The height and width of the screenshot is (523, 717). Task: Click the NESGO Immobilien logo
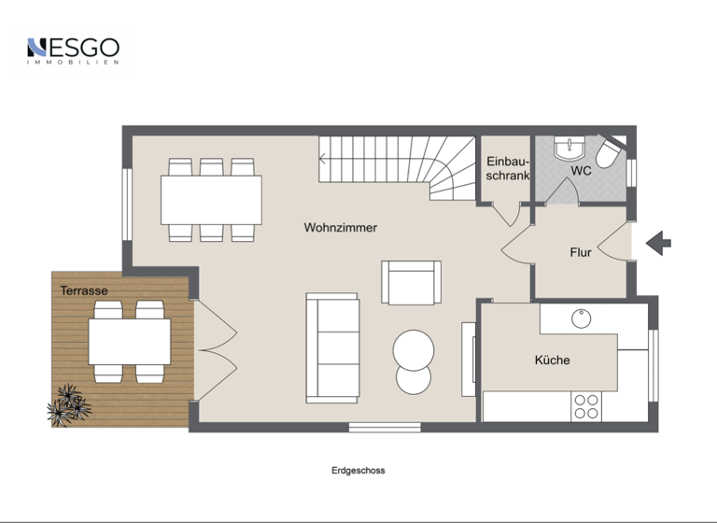point(73,49)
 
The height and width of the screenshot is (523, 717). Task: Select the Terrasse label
point(84,290)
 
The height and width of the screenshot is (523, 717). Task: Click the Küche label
point(552,360)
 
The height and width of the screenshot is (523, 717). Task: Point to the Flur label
point(581,252)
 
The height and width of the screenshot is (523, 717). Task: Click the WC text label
point(581,171)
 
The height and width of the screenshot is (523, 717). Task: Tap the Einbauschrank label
point(507,168)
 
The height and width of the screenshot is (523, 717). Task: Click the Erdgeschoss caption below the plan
point(358,471)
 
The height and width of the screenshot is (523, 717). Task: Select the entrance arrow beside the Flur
point(659,243)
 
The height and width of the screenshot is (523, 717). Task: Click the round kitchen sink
point(580,318)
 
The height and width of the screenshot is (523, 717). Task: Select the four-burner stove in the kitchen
point(586,404)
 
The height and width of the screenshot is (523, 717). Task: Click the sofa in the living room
point(332,347)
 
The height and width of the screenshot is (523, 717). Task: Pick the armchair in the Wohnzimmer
point(411,282)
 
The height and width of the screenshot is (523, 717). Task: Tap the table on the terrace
point(130,341)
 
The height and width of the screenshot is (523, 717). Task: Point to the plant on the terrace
point(68,405)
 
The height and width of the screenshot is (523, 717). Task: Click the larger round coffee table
point(413,350)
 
